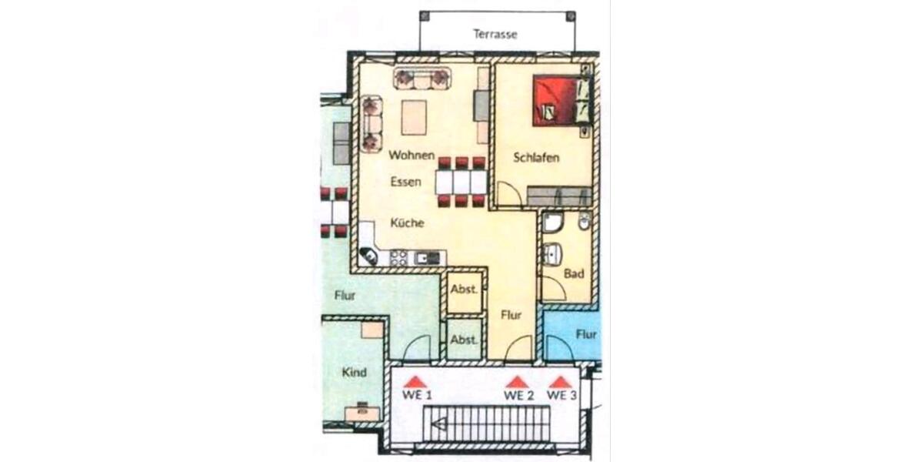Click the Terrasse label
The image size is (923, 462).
coord(495,34)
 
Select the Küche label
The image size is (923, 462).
coord(408,223)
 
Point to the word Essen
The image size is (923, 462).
coord(405,182)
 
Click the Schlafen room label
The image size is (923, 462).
coord(536,158)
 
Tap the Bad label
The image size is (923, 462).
coord(574,273)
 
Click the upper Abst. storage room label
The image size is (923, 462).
coord(464,290)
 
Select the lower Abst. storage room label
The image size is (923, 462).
coord(464,340)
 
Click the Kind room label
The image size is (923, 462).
coord(354,373)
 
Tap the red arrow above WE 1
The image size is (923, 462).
coord(415,381)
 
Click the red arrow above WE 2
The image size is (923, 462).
coord(518,381)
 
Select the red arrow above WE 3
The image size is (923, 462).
coord(561,381)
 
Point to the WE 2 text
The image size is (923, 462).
coord(518,395)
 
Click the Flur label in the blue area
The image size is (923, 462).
coord(587,335)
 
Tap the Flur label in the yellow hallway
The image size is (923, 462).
coord(511,314)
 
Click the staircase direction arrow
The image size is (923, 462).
coord(440,423)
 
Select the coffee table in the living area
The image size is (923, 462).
coord(415,117)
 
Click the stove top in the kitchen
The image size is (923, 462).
coord(398,258)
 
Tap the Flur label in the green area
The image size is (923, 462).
coord(345,295)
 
